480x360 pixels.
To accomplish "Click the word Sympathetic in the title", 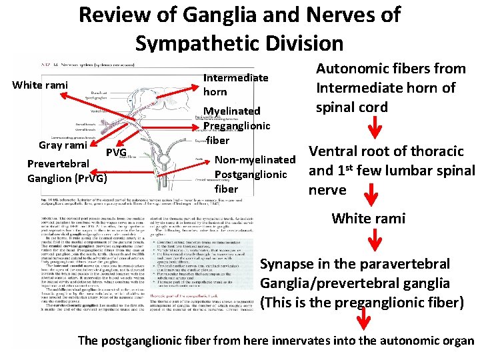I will coord(199,43).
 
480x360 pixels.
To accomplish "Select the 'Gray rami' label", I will coord(63,145).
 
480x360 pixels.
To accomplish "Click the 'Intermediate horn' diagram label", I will coord(235,85).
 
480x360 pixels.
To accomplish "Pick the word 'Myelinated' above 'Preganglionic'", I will coord(231,111).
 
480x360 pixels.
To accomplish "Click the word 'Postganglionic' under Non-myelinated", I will coord(251,175).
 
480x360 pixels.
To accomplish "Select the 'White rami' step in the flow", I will coord(368,218).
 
